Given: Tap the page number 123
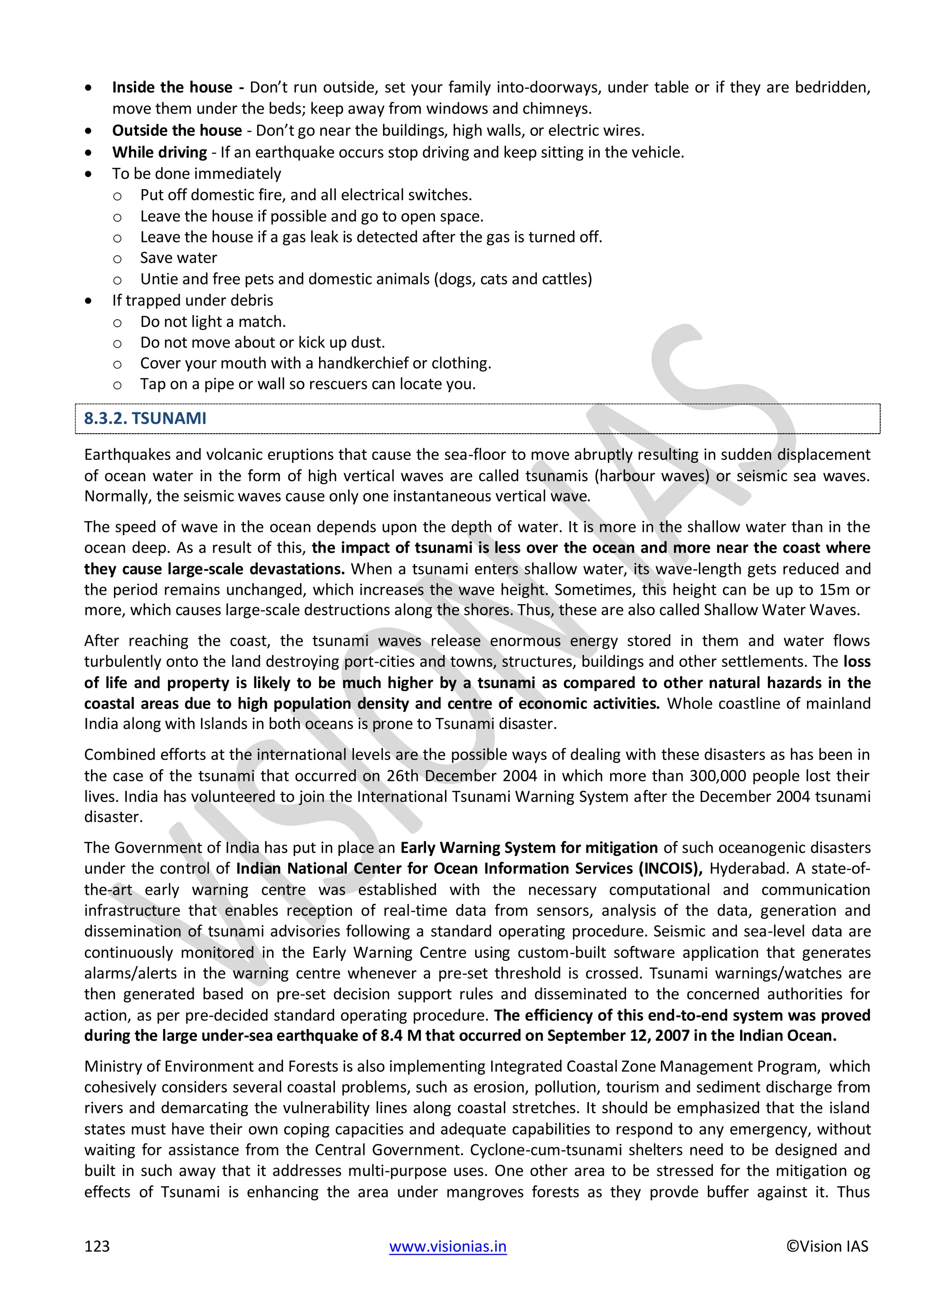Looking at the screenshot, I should point(96,1246).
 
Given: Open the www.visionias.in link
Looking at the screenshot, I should point(448,1246).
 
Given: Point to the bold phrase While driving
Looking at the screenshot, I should point(159,153).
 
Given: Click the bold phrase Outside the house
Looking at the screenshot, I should point(177,131).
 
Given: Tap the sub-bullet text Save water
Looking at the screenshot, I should point(179,258).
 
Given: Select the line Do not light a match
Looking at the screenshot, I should point(213,321).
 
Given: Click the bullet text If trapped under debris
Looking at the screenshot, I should point(192,300).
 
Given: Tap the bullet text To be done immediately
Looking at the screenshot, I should point(196,173).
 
